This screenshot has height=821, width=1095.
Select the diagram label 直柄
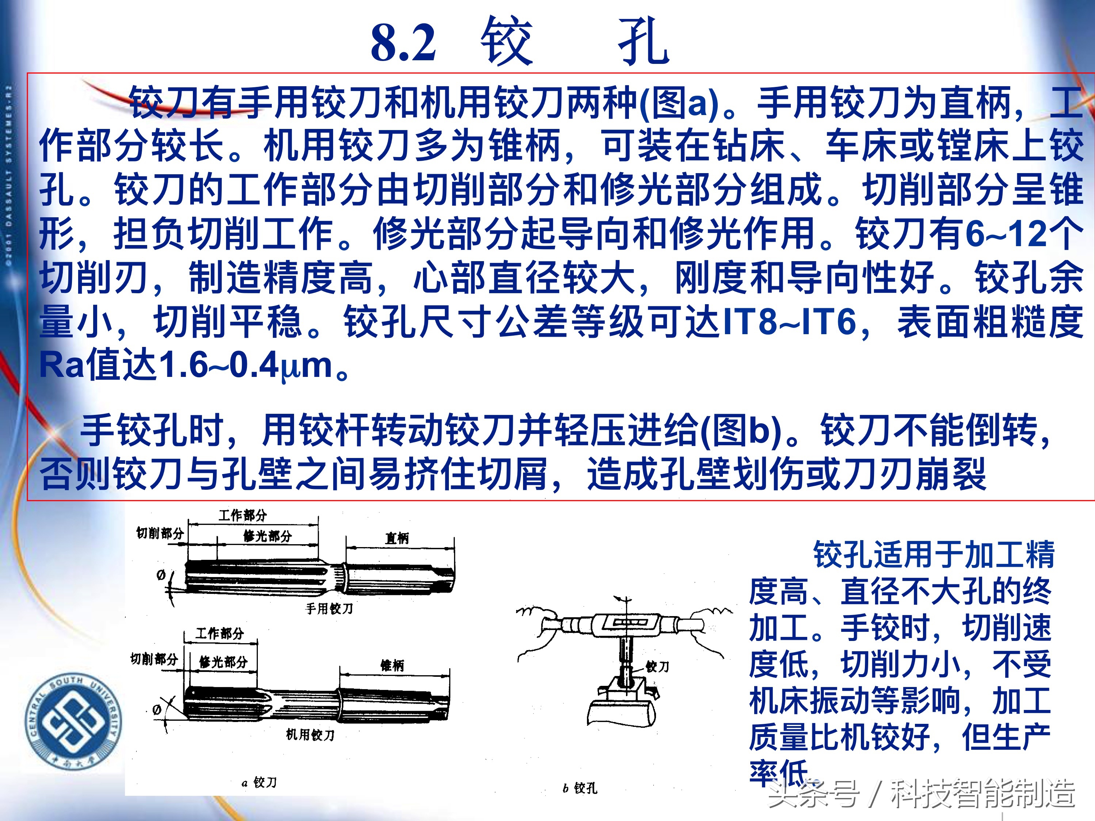397,538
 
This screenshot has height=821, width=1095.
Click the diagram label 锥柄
392,665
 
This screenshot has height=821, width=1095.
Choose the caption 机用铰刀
310,734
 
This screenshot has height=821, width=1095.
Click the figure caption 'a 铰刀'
259,782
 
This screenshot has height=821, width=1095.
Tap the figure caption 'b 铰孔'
580,788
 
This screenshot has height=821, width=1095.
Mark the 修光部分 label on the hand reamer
267,536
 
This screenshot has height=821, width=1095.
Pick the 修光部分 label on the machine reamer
223,662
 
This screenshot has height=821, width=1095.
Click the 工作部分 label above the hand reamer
243,515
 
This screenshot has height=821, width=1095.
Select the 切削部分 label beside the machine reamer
154,659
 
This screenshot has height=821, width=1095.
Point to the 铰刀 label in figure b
657,667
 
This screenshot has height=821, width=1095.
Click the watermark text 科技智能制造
983,793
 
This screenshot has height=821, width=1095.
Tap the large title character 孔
644,42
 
